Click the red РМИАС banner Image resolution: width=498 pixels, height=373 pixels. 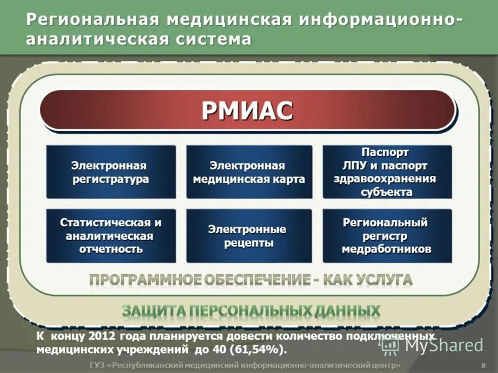247,111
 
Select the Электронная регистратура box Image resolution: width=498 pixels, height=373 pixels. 111,172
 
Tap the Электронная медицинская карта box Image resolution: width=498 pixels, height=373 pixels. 249,172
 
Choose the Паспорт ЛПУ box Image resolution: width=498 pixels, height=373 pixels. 387,172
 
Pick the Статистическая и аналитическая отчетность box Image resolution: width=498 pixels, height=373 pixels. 111,236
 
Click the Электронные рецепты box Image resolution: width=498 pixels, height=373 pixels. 249,236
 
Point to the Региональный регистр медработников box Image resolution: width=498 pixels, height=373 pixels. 387,236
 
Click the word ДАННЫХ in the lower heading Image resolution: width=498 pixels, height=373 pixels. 349,310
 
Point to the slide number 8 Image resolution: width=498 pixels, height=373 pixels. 484,365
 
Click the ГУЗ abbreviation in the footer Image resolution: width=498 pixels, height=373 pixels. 97,365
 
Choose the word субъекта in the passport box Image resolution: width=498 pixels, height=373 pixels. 387,191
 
